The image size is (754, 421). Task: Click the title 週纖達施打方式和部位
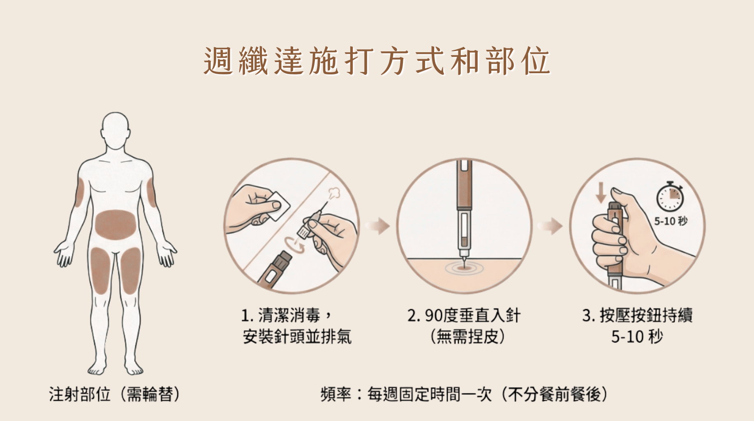click(x=377, y=61)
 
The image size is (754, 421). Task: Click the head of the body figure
click(x=116, y=129)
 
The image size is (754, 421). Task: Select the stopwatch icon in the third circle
click(x=670, y=197)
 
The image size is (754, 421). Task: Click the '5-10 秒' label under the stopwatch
click(x=671, y=221)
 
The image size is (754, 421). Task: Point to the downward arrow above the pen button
click(x=601, y=192)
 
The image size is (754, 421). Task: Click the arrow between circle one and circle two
click(x=378, y=226)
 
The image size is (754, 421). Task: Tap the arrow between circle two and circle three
click(x=550, y=226)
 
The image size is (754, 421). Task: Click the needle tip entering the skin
click(x=464, y=264)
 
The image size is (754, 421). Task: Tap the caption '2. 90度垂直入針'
click(x=464, y=316)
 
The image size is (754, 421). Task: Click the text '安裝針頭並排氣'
click(x=297, y=337)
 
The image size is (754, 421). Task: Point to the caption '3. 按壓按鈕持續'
click(x=637, y=316)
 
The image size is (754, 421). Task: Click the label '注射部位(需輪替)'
click(x=115, y=394)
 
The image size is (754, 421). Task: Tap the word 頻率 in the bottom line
click(x=335, y=394)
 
